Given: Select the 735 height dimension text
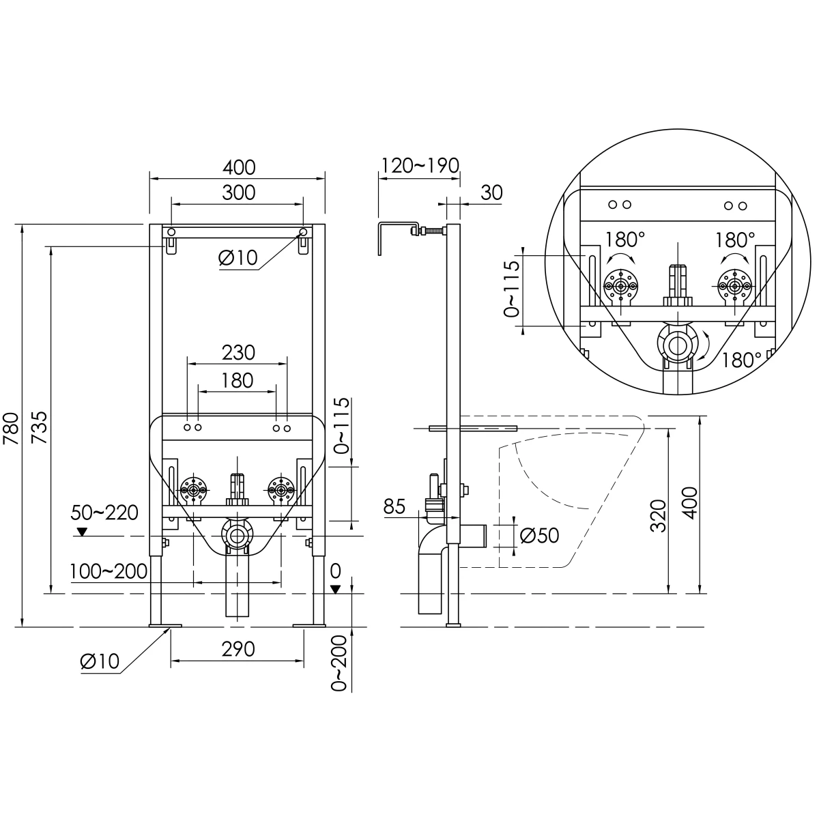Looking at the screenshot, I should point(40,427).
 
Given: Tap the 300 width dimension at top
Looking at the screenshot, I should point(238,192).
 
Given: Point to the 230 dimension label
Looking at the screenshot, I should point(238,352).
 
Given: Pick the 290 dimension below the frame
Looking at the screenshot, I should point(238,649).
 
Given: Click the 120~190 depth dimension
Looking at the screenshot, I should point(420,166).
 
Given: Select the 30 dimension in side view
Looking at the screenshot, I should point(491,192).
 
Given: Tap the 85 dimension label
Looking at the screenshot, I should point(395,506).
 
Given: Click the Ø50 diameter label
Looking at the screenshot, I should point(539,535).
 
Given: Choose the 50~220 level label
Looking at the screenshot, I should point(105,512).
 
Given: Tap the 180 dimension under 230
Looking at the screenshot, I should point(238,379).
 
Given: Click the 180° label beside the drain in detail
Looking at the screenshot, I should point(742,359).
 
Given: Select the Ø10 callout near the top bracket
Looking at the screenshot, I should point(238,258).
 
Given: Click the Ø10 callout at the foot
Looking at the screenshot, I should point(100,661).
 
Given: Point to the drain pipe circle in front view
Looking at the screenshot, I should point(237,537).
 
